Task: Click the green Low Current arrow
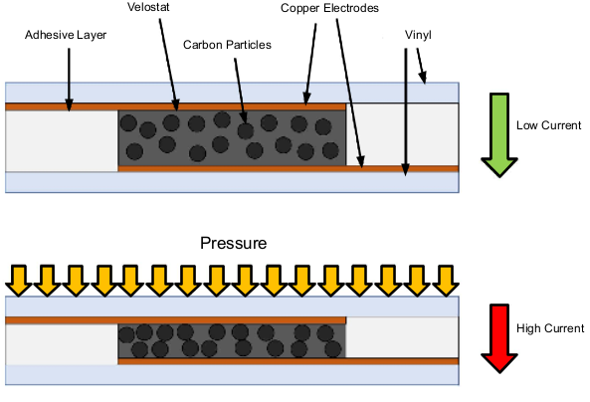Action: click(x=498, y=134)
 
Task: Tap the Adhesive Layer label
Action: click(x=66, y=34)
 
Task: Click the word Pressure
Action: click(x=233, y=243)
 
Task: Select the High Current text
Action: click(x=550, y=327)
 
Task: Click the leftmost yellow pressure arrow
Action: click(x=18, y=279)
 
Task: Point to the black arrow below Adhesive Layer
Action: click(x=68, y=76)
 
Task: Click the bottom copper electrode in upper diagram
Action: click(x=289, y=168)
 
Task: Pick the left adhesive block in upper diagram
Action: click(x=61, y=140)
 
